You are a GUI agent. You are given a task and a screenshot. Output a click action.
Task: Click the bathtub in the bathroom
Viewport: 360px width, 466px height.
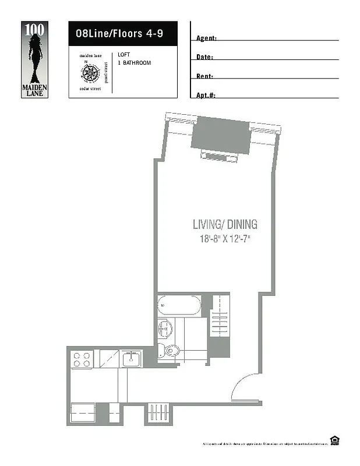tap(178, 305)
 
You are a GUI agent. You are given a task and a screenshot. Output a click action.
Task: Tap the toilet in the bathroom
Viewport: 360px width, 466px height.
tap(171, 351)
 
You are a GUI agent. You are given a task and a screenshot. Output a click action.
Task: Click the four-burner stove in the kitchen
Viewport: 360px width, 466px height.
tap(82, 359)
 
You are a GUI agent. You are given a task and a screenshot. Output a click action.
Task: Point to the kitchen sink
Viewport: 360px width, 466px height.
tap(131, 359)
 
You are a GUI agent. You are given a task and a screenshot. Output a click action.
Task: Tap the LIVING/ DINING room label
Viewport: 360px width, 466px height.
tap(225, 224)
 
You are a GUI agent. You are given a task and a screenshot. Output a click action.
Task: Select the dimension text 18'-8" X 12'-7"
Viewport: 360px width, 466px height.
tap(225, 238)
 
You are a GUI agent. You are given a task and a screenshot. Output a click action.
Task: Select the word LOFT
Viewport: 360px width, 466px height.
tap(123, 55)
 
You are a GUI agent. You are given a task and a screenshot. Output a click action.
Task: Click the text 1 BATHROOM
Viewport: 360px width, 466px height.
tap(134, 62)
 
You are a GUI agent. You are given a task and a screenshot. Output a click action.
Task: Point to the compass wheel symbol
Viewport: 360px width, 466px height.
tap(90, 73)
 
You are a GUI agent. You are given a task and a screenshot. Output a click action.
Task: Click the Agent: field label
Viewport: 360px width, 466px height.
tap(207, 38)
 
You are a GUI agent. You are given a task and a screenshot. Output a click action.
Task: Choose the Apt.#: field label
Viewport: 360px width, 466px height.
tap(206, 96)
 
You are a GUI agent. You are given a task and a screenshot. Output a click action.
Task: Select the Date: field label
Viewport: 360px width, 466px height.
tap(205, 58)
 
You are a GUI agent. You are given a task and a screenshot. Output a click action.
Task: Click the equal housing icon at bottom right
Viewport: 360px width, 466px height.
tap(334, 440)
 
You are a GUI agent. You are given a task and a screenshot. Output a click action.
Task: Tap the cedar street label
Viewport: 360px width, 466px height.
tap(90, 89)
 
